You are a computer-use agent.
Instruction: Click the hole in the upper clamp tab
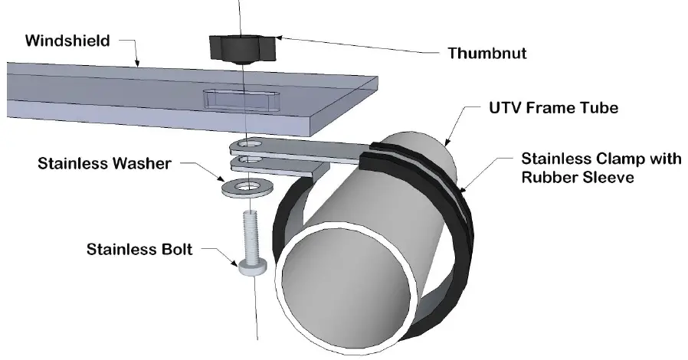247,143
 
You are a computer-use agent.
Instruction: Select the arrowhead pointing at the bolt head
237,263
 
